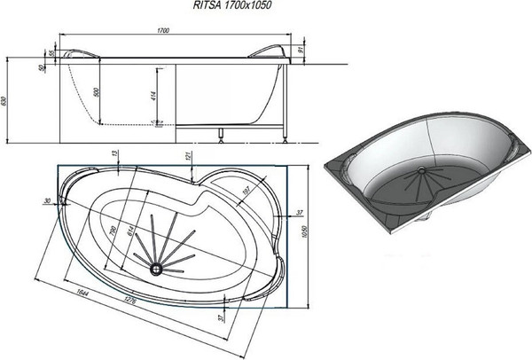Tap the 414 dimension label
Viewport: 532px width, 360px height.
coord(153,97)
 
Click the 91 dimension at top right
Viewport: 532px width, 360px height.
coord(302,51)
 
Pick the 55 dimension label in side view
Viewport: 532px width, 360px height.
coord(52,54)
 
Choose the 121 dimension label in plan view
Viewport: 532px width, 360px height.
coord(189,157)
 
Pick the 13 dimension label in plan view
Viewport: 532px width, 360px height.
coord(116,154)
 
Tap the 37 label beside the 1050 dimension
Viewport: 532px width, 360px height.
coord(301,213)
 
